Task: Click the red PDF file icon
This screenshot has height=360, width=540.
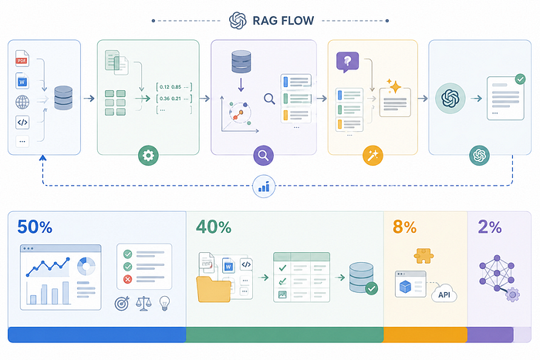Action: coord(22,59)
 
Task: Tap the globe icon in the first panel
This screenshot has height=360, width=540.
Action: coord(22,103)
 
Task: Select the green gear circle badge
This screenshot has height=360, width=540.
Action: coord(148,156)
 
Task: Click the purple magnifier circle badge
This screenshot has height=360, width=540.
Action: coord(264,156)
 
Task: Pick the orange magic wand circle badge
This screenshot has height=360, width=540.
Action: coord(373,156)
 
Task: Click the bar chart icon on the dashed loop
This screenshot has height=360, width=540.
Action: coord(264,187)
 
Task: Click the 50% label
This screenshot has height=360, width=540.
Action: coord(35,227)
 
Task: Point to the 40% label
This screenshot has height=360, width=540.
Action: coord(214,227)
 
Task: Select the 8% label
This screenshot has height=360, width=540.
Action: coord(405,227)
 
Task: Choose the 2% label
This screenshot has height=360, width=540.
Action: coord(490,227)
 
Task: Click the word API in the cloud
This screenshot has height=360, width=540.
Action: coord(444,295)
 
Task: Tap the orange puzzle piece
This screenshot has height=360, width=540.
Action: coord(424,256)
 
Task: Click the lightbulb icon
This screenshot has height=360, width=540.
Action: coord(164,303)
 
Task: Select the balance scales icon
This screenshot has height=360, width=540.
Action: coord(143,304)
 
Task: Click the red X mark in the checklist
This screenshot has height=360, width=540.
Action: coord(128,279)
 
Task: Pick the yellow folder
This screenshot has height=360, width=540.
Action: coord(214,289)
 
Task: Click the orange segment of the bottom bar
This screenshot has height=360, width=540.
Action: coord(425,335)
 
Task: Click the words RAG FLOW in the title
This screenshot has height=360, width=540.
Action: coord(283,21)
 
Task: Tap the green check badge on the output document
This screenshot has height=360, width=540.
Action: coord(521,79)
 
